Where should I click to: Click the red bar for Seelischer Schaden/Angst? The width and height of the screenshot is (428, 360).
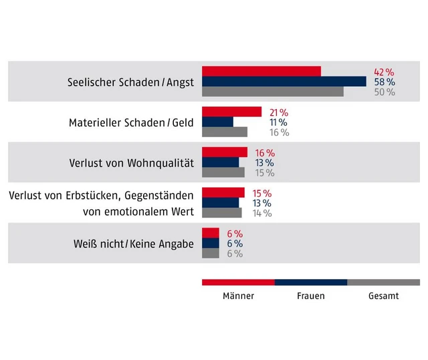261,72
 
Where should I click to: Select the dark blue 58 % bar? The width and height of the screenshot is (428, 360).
284,82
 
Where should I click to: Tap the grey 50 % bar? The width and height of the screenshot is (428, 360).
272,92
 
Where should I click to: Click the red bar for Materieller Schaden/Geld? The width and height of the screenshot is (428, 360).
231,112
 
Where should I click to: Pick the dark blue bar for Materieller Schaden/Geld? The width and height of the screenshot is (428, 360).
217,122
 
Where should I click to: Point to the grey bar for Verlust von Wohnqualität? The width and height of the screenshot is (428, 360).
223,173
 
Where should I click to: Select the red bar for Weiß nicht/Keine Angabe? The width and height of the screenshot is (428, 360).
210,233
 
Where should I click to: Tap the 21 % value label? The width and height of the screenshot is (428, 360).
278,112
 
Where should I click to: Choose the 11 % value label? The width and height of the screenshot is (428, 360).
278,122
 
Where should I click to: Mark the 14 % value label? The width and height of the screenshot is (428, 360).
262,213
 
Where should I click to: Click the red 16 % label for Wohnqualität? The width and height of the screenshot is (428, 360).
265,153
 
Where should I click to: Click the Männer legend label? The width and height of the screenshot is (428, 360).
238,296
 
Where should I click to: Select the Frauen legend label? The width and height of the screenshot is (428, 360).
310,296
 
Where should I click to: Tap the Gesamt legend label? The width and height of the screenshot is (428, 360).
383,296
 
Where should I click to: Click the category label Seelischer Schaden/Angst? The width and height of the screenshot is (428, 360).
130,82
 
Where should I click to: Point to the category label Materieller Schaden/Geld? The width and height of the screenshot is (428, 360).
131,122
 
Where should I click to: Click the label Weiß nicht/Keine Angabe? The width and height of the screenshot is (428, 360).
134,244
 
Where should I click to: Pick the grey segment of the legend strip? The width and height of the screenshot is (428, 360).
383,282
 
